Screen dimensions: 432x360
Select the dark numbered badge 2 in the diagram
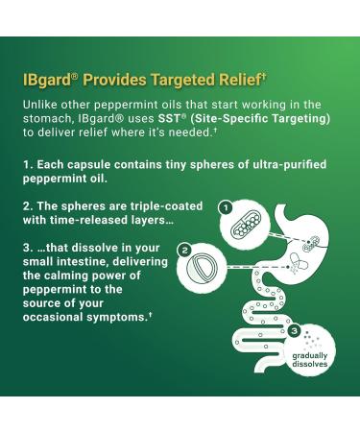click(x=182, y=250)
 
